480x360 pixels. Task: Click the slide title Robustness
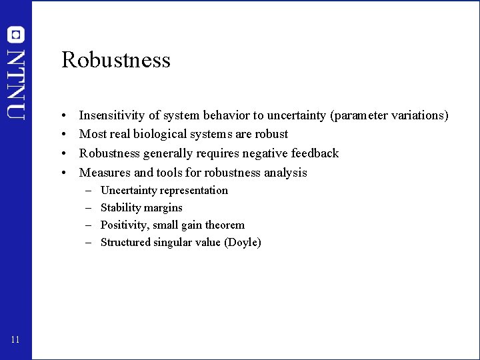pyautogui.click(x=116, y=60)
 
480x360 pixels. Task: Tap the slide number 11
pyautogui.click(x=15, y=341)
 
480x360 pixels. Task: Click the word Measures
pyautogui.click(x=103, y=173)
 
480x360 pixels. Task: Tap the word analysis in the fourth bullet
pyautogui.click(x=285, y=173)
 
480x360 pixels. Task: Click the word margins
pyautogui.click(x=162, y=208)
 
